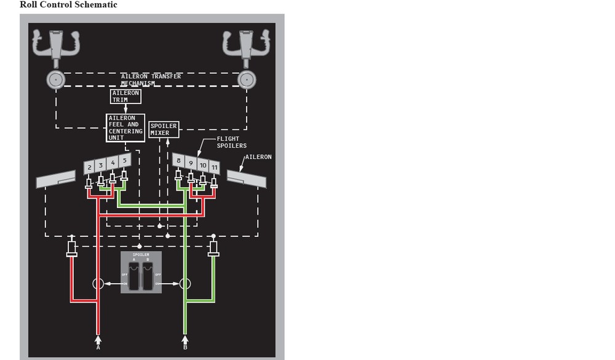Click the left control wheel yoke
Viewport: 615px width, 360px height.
click(x=55, y=45)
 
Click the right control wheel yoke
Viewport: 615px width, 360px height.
click(x=247, y=45)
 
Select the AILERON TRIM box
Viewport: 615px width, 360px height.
click(x=125, y=97)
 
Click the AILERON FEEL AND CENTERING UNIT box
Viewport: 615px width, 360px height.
click(x=125, y=127)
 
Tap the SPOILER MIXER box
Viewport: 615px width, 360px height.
click(x=164, y=129)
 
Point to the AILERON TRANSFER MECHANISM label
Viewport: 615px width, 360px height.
click(x=151, y=79)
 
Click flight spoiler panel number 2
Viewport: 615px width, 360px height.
click(x=89, y=167)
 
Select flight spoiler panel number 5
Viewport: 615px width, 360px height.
click(x=125, y=161)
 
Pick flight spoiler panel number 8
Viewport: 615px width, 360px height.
click(x=178, y=161)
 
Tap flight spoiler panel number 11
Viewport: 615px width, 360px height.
click(x=214, y=167)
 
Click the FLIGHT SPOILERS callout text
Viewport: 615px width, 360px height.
click(x=231, y=142)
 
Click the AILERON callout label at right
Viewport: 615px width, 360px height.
click(x=258, y=157)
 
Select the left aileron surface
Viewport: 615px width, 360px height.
click(x=55, y=180)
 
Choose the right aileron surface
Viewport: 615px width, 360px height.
click(x=247, y=179)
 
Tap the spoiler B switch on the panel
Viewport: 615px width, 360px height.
click(x=148, y=275)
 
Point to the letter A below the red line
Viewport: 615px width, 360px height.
click(x=98, y=347)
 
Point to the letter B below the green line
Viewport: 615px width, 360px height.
click(x=185, y=347)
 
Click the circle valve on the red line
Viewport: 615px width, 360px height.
click(x=98, y=284)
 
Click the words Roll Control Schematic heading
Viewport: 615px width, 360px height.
click(x=68, y=5)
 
